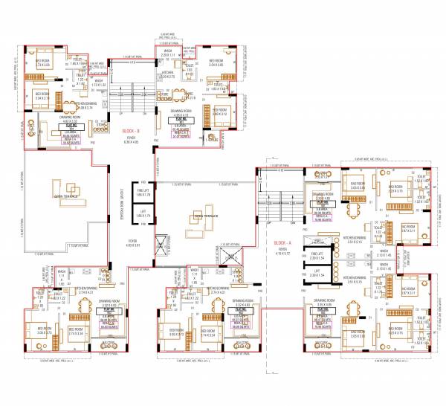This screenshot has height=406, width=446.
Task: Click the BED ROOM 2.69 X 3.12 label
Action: point(220,114)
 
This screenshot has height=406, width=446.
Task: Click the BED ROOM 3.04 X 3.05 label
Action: point(219,64)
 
